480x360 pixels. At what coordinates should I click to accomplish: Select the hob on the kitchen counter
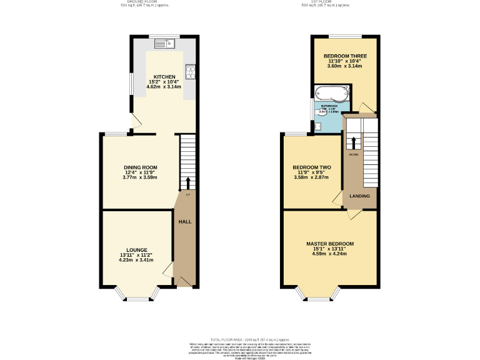[190, 71]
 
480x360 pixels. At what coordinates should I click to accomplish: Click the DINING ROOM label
[140, 167]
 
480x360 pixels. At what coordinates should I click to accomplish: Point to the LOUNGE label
[137, 250]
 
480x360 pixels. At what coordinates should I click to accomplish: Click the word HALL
[186, 222]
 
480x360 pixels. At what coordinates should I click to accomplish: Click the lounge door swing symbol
[167, 270]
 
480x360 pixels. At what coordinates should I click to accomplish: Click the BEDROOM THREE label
[345, 56]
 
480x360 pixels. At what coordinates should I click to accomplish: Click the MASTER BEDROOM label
[330, 244]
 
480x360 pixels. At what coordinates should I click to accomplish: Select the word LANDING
[359, 196]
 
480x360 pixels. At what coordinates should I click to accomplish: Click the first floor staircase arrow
[354, 141]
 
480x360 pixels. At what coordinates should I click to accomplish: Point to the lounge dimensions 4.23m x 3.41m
[137, 260]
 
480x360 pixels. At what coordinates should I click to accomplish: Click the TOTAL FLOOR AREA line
[240, 337]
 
